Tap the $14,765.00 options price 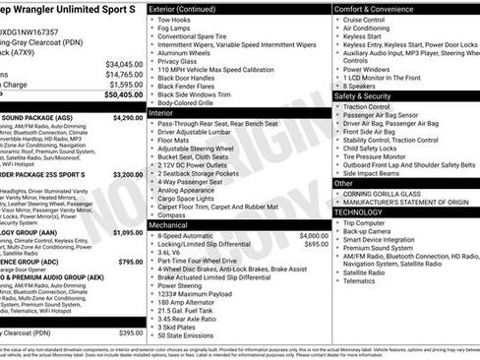124,74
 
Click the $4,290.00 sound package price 127,117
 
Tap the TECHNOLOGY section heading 360,211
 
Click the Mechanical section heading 169,224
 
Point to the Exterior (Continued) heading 182,8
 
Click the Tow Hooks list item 173,19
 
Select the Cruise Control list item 364,19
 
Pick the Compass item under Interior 172,214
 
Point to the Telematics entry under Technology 360,280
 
